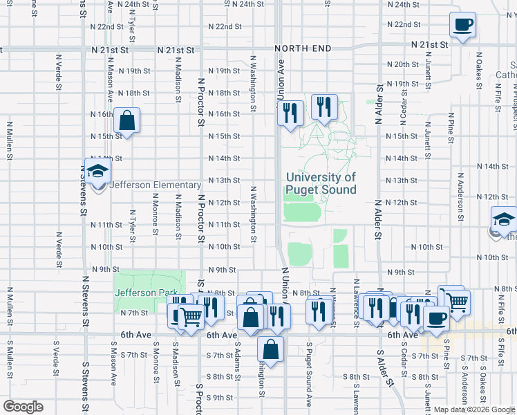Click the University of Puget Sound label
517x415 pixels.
[x=321, y=183]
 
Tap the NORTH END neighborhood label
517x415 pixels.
[x=302, y=48]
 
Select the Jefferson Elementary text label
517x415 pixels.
[x=146, y=185]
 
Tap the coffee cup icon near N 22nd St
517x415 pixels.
[x=462, y=26]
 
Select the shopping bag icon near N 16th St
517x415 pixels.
[x=127, y=121]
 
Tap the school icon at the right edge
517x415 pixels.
[x=503, y=221]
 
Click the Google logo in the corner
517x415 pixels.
[x=23, y=407]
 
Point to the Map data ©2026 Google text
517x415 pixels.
[x=474, y=409]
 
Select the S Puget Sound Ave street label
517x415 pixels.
[x=309, y=373]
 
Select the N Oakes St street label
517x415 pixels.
[x=478, y=64]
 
